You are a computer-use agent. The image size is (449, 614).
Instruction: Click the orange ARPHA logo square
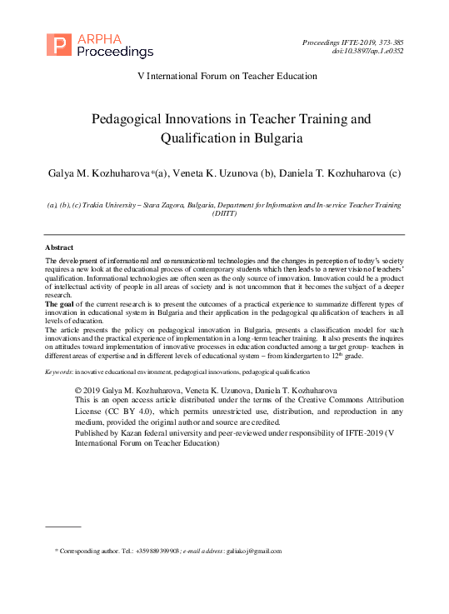click(x=58, y=45)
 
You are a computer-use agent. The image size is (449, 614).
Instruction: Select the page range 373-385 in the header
click(x=387, y=40)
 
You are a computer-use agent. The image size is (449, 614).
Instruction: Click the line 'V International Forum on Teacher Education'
click(x=227, y=76)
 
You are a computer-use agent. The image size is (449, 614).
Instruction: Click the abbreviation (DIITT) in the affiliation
click(x=224, y=213)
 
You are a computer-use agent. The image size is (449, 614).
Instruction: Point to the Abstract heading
click(x=58, y=247)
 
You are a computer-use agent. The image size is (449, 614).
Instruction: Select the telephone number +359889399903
click(x=152, y=551)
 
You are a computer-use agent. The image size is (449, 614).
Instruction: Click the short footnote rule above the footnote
click(x=62, y=527)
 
